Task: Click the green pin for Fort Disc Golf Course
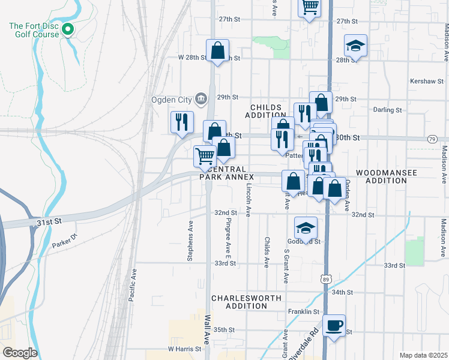68,29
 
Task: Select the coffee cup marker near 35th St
334,326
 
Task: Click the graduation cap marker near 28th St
355,46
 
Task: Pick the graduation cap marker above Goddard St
306,228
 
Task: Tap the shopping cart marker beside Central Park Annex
205,156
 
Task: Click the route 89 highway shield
325,280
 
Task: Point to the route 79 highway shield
432,139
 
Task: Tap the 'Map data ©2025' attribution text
423,355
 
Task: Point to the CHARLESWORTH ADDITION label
238,302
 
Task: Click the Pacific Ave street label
133,284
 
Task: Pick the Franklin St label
304,312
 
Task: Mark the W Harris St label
183,349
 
